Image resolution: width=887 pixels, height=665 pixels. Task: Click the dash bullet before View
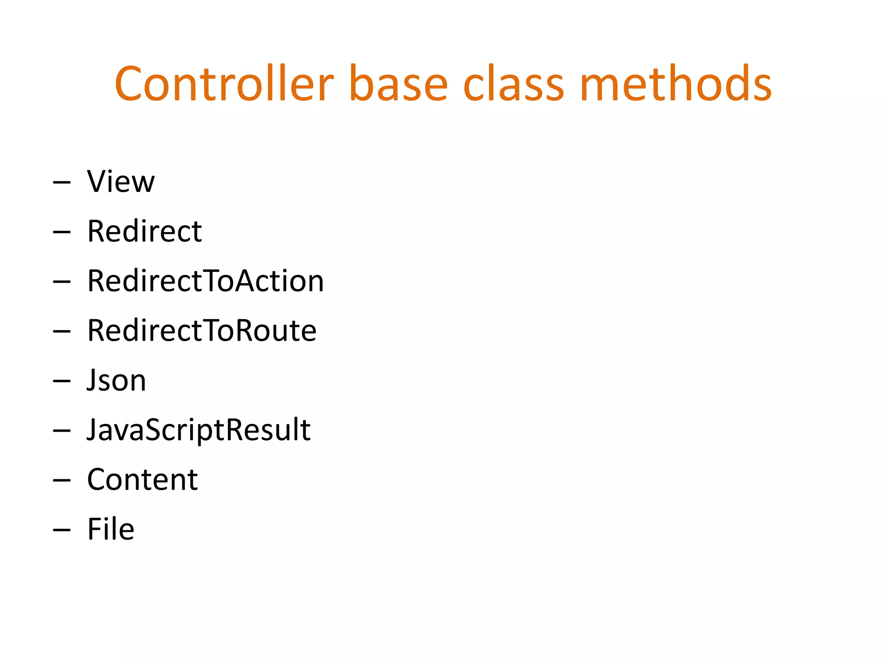62,183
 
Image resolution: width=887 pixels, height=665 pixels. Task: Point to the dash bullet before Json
62,381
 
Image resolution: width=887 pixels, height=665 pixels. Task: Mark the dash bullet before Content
62,481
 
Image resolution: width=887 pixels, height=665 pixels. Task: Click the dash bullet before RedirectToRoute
62,332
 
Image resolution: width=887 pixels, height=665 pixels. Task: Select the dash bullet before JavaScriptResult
62,431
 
